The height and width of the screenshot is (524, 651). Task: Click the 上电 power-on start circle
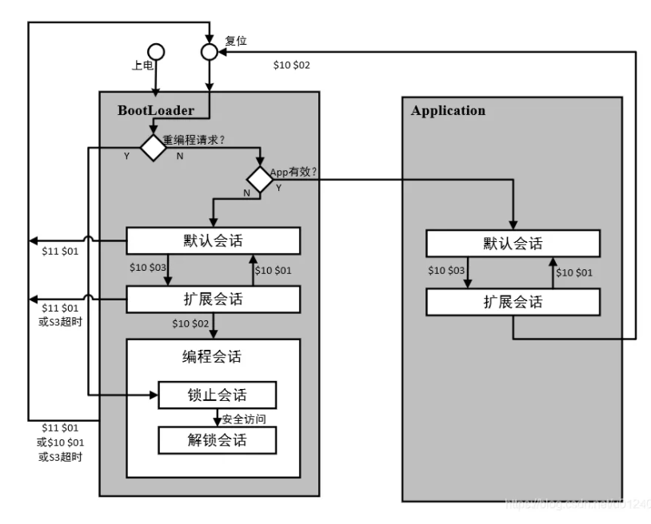pos(157,52)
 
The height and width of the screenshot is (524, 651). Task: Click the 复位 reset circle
pos(209,52)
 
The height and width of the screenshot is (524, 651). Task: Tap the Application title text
pos(448,111)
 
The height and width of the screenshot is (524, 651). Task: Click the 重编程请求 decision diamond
pos(152,147)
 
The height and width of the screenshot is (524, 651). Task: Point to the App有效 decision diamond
pos(259,179)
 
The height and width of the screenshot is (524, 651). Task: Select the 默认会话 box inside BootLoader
pos(213,240)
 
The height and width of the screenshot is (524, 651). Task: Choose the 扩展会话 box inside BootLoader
pos(213,300)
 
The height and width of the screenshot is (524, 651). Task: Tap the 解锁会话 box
pos(218,439)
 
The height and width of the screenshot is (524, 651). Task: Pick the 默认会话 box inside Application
pos(513,243)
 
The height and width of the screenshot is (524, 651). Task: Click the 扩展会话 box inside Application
pos(513,302)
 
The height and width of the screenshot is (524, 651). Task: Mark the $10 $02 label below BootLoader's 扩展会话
pos(190,323)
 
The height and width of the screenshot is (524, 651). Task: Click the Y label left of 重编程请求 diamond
pos(126,156)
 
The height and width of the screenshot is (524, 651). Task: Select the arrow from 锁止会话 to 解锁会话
pos(216,418)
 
